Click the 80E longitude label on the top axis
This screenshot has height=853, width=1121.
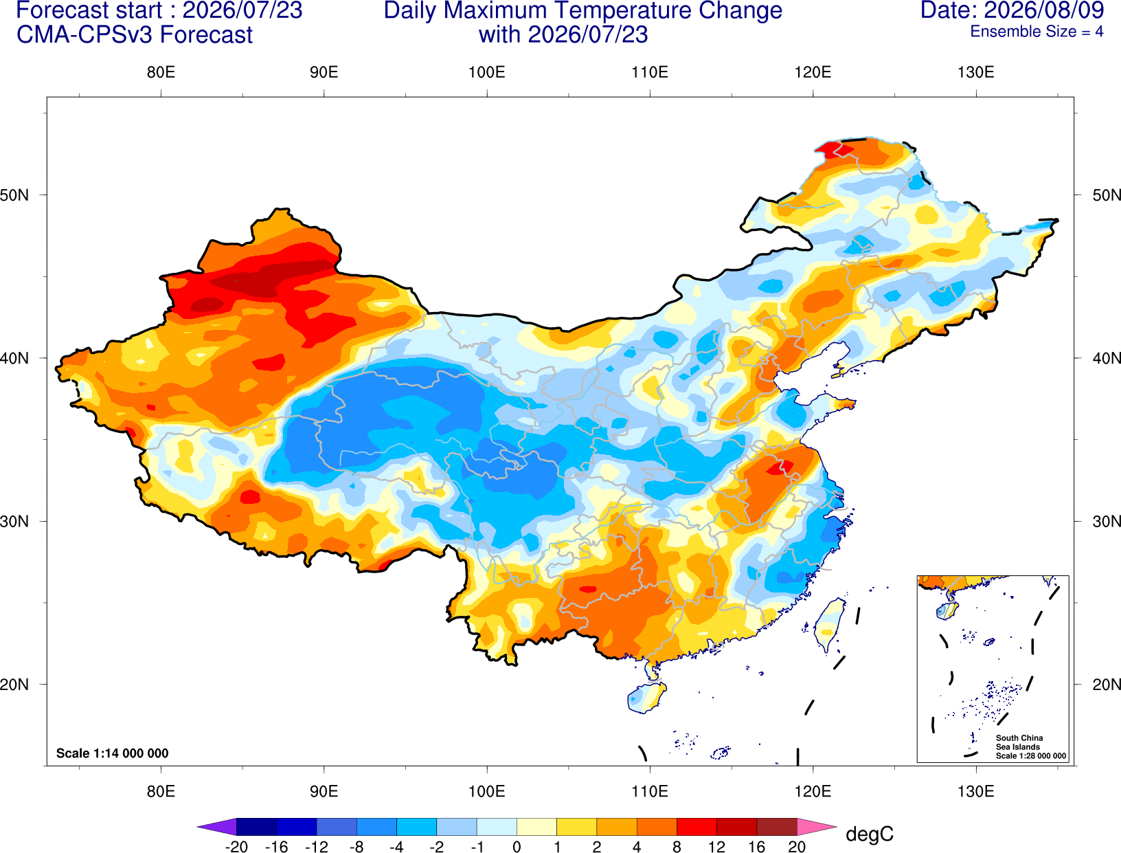click(161, 72)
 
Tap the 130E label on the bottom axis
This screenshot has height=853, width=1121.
click(975, 792)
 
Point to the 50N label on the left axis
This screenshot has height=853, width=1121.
click(14, 195)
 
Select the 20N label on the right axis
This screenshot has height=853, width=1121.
click(1107, 685)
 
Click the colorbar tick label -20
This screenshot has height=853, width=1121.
click(236, 847)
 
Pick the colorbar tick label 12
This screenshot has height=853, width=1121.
click(716, 847)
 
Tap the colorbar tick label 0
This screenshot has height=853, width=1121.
click(517, 847)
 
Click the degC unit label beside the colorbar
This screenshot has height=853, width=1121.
click(869, 834)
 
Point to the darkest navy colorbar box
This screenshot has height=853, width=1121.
click(256, 826)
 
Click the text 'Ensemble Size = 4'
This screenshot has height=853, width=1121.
click(1037, 32)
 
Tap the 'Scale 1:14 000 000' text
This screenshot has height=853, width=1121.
click(113, 753)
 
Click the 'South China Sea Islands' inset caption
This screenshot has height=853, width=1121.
click(1019, 742)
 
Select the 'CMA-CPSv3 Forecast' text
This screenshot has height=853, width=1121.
click(135, 35)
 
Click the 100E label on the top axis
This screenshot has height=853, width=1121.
click(487, 72)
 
